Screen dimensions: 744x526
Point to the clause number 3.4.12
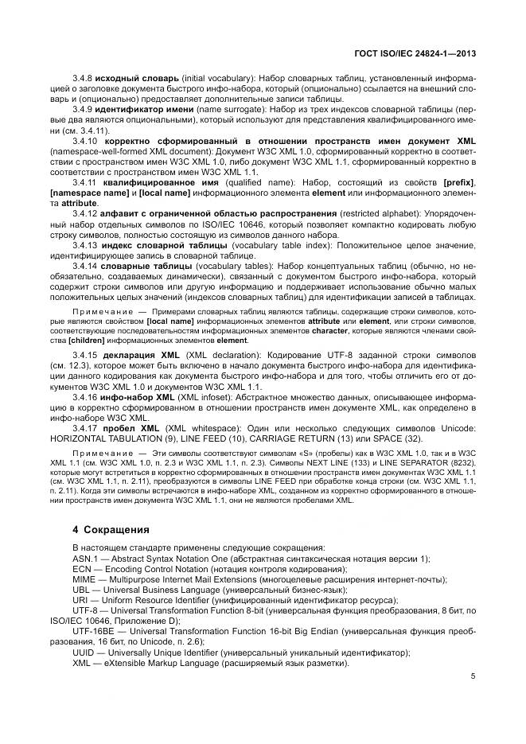pos(86,213)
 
